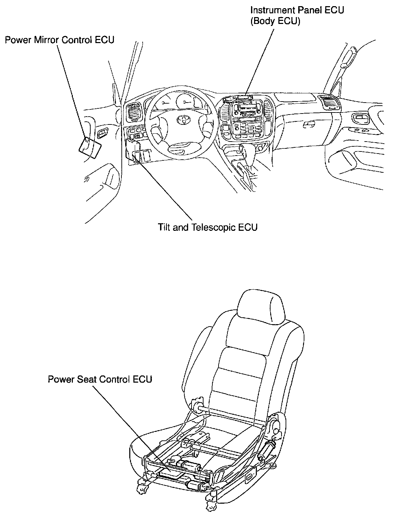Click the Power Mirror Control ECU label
pyautogui.click(x=60, y=40)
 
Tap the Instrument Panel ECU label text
pyautogui.click(x=297, y=10)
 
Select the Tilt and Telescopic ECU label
pyautogui.click(x=208, y=227)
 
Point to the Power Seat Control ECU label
pyautogui.click(x=100, y=379)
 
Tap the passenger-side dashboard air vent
pyautogui.click(x=328, y=102)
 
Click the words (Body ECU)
pyautogui.click(x=275, y=21)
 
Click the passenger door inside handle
pyautogui.click(x=361, y=118)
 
